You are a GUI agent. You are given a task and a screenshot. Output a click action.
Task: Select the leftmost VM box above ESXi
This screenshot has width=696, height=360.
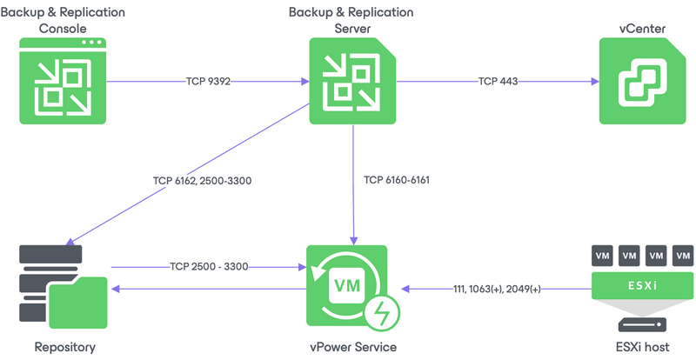[602, 256]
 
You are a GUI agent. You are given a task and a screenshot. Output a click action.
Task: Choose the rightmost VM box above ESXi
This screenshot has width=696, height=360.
[685, 256]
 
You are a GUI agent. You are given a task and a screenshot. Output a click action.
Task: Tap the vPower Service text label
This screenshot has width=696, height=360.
[352, 347]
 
